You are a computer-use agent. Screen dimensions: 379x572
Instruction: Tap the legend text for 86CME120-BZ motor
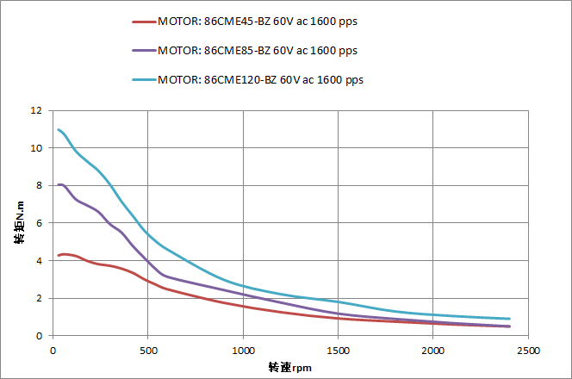click(x=261, y=79)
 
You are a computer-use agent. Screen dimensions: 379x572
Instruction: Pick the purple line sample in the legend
click(x=143, y=52)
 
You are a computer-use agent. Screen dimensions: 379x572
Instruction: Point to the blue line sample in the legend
click(x=143, y=80)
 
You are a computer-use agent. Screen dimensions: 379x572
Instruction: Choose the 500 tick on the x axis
click(x=147, y=351)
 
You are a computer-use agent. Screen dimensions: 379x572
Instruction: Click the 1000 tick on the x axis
click(x=243, y=351)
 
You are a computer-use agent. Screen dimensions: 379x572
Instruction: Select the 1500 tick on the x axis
click(x=338, y=351)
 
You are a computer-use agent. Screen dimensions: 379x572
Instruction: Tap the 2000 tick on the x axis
click(x=433, y=351)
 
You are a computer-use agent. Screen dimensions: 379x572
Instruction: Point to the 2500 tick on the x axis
click(x=528, y=351)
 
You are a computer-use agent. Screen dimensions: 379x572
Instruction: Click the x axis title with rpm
click(x=289, y=367)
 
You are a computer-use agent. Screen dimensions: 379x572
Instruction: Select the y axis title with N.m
click(x=19, y=223)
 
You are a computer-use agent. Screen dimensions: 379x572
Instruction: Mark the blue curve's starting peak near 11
click(x=59, y=130)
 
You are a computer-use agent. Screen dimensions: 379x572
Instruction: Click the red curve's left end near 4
click(x=59, y=255)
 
